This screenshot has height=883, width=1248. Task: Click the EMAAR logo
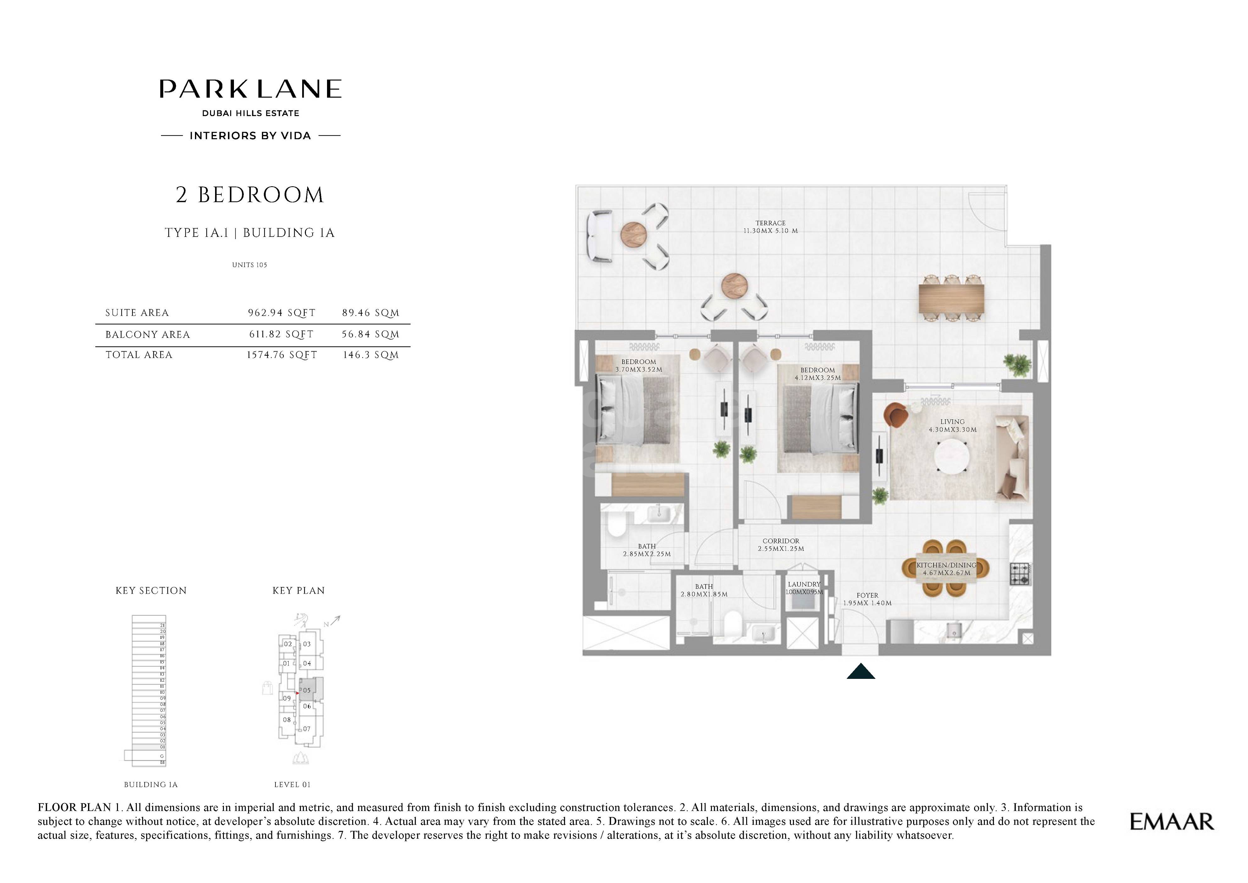1172,822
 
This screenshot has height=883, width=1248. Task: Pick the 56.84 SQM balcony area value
370,334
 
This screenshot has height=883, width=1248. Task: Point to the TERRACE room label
770,223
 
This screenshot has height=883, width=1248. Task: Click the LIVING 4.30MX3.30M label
952,425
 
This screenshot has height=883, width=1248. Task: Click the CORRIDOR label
780,541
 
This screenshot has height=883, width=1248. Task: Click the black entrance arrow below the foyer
861,672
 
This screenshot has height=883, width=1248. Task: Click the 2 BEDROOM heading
249,195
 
